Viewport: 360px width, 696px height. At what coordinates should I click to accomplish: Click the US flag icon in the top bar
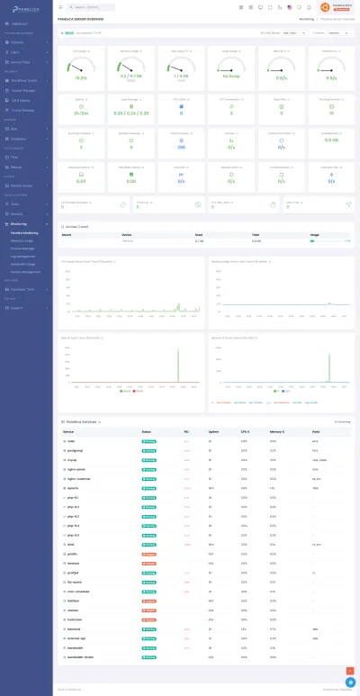pos(290,7)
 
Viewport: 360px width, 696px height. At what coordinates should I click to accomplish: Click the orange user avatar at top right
pos(325,7)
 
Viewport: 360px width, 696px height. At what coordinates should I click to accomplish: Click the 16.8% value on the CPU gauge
pos(82,78)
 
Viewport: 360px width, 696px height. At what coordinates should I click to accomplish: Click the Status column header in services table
pos(147,431)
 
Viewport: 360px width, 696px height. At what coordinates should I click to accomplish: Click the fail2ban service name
pos(71,574)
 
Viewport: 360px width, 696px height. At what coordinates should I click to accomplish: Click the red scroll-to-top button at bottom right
pos(349,670)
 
